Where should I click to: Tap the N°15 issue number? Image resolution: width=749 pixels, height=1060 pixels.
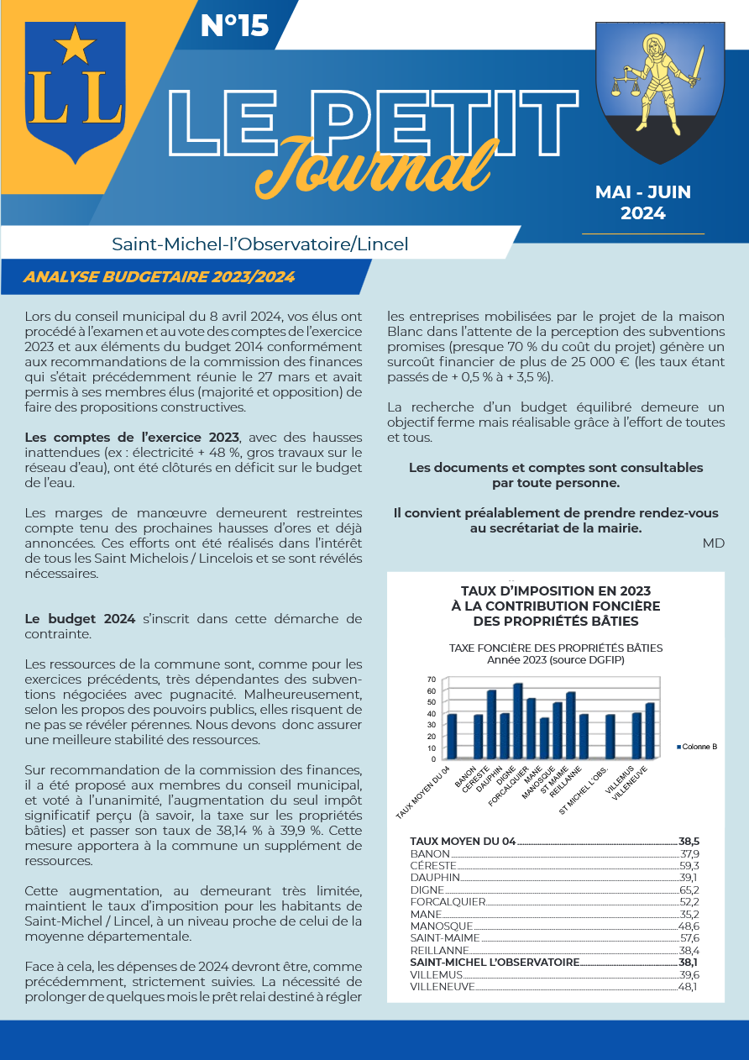click(235, 26)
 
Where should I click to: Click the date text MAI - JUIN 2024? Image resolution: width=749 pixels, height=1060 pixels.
click(643, 202)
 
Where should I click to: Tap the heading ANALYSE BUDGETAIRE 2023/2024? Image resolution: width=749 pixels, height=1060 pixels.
click(160, 276)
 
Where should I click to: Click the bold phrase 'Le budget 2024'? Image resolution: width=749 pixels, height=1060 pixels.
click(80, 619)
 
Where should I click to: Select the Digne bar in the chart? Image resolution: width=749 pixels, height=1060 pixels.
click(517, 721)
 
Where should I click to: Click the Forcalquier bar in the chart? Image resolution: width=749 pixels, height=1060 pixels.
click(531, 728)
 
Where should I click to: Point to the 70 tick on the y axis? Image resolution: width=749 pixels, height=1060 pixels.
click(432, 680)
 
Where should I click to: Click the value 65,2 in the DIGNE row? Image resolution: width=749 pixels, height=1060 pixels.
click(689, 889)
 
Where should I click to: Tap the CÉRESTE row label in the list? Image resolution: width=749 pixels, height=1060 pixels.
click(433, 865)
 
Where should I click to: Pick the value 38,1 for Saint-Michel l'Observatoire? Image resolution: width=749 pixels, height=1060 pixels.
click(689, 962)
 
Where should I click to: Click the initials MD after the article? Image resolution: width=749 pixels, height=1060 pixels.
click(714, 543)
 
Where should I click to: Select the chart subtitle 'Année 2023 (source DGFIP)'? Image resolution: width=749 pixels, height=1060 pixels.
click(556, 659)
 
